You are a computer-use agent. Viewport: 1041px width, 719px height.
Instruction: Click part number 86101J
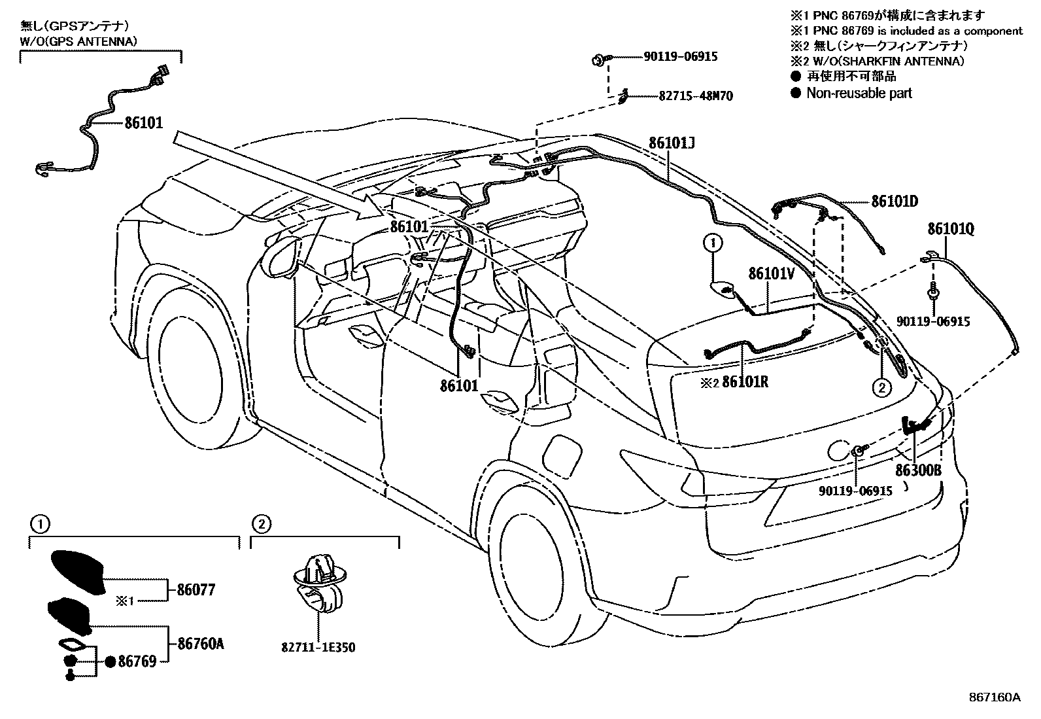pyautogui.click(x=672, y=143)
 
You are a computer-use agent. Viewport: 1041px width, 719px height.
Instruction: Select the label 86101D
pyautogui.click(x=895, y=201)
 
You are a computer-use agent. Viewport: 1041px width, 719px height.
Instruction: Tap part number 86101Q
pyautogui.click(x=950, y=229)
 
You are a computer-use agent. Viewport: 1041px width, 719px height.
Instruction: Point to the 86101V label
pyautogui.click(x=771, y=273)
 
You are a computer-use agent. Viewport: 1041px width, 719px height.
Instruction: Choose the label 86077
pyautogui.click(x=196, y=590)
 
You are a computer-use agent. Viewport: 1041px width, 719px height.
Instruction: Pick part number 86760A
pyautogui.click(x=200, y=644)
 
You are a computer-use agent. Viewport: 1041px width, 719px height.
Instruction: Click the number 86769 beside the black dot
pyautogui.click(x=137, y=661)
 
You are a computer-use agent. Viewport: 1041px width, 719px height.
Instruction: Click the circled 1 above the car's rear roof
pyautogui.click(x=713, y=243)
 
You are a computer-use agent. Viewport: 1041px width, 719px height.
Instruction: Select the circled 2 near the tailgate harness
pyautogui.click(x=881, y=388)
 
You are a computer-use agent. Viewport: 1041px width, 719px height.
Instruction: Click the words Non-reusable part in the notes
pyautogui.click(x=859, y=93)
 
